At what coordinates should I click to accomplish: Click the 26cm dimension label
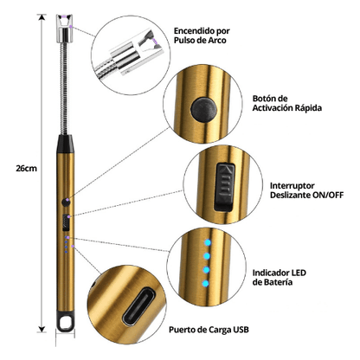point(26,169)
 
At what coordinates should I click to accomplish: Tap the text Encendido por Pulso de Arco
point(202,35)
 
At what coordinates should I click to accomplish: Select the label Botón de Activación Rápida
point(287,103)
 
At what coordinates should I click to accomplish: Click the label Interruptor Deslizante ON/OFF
point(306,190)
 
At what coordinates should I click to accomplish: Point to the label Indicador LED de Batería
point(280,277)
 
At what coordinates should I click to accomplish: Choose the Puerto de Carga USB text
point(209,330)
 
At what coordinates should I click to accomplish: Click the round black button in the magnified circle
point(203,110)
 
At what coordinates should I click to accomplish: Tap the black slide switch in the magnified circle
point(225,186)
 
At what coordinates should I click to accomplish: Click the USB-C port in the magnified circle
point(138,306)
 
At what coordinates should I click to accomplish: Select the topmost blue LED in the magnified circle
point(208,242)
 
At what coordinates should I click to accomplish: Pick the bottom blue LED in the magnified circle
point(205,284)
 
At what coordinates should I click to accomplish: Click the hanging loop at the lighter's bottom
point(65,321)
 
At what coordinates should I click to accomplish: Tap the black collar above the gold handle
point(65,144)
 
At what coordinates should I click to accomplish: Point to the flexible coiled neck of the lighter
point(65,88)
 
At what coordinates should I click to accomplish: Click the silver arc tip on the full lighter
point(64,29)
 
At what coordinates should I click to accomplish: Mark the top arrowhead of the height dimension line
point(42,17)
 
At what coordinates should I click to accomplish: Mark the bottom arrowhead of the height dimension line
point(42,329)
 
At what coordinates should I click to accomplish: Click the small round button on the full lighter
point(66,202)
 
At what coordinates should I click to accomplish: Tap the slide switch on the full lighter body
point(66,222)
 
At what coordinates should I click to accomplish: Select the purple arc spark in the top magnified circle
point(155,43)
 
